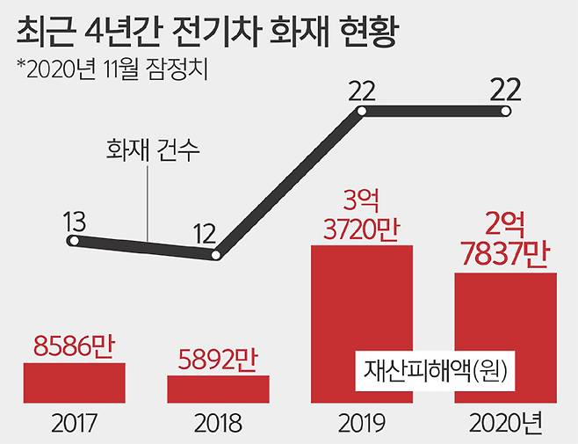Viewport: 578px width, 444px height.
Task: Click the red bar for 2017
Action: [x=74, y=382]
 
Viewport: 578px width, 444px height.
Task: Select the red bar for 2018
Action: [x=218, y=389]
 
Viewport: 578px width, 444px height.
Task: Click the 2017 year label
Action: [x=74, y=424]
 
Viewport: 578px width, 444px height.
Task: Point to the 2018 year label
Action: [x=218, y=424]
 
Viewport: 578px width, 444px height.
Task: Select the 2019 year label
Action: [x=362, y=424]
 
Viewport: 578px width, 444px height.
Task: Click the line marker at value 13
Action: [x=76, y=240]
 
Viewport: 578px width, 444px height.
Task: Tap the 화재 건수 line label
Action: [x=148, y=150]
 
